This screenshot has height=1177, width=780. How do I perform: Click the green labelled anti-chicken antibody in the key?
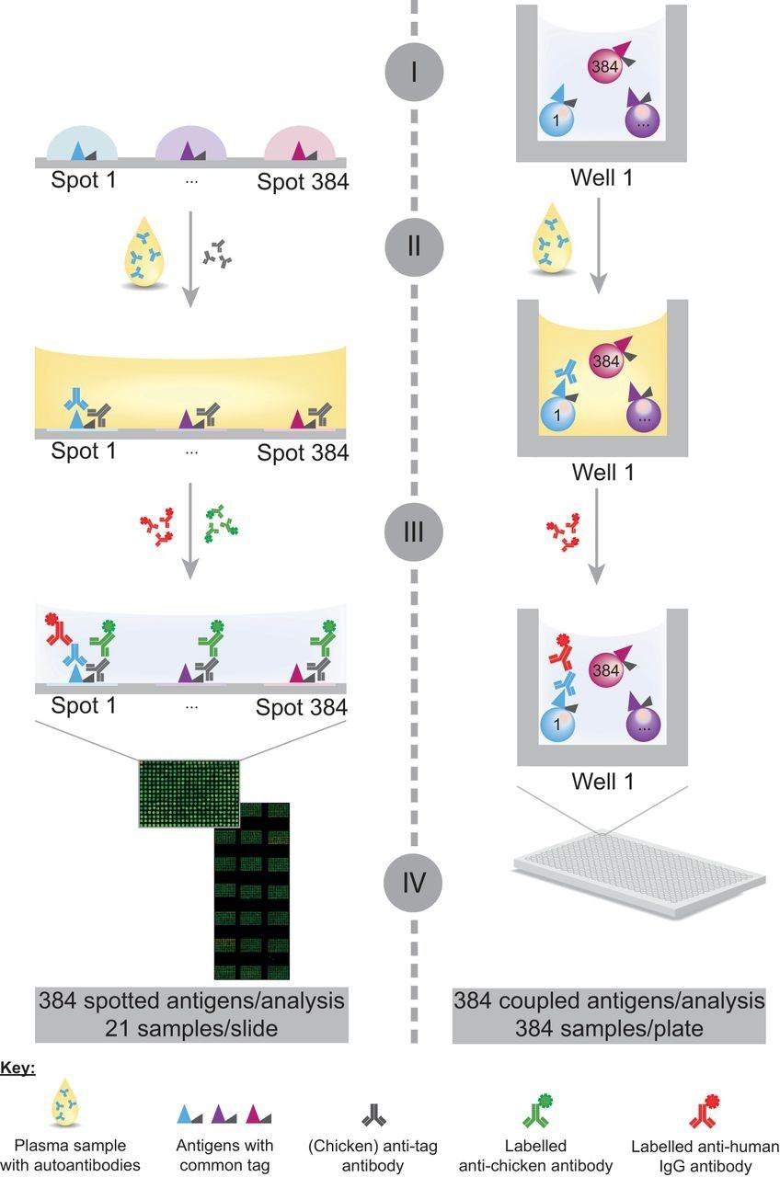[537, 1113]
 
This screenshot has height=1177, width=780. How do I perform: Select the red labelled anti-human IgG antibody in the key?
[704, 1113]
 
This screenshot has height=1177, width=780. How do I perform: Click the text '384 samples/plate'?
[609, 1027]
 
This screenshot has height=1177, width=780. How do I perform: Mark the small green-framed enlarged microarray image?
[189, 792]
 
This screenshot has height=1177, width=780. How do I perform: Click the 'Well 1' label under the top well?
[604, 178]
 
